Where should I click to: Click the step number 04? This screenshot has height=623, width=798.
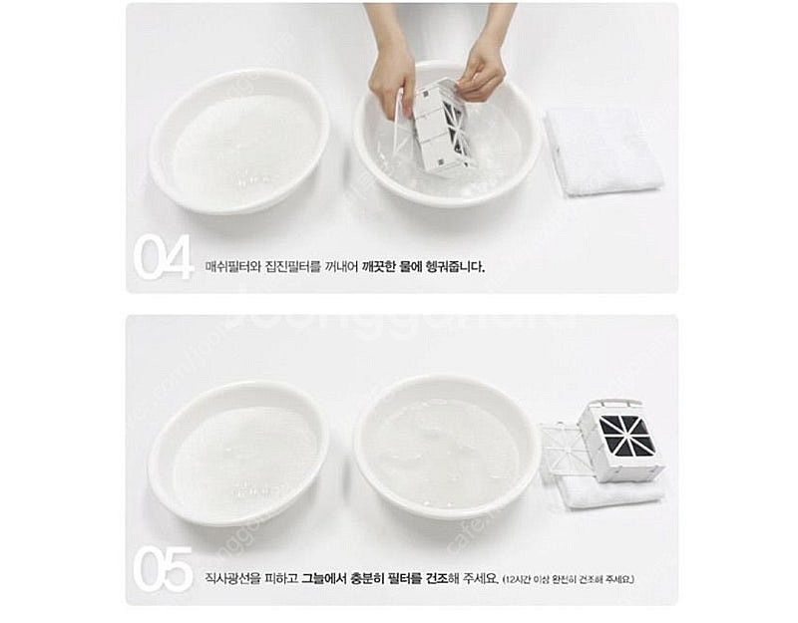click(163, 257)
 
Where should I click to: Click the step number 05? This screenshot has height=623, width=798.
click(163, 569)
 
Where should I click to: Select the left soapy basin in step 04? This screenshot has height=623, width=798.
click(239, 141)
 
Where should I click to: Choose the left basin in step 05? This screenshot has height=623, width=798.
click(238, 453)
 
